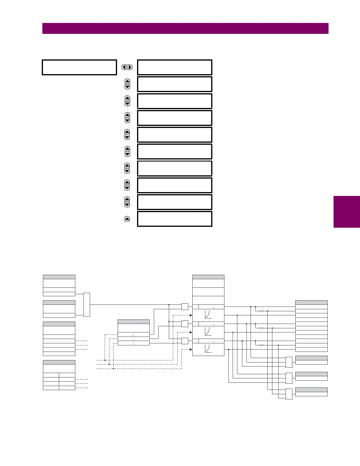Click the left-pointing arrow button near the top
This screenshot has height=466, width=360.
[x=124, y=67]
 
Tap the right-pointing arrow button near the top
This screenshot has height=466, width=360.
[x=130, y=67]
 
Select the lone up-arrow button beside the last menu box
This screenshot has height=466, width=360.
[x=127, y=219]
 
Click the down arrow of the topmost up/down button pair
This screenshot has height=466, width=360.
[x=127, y=87]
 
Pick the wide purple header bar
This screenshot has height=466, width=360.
[x=185, y=29]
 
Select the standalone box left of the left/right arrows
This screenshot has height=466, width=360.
[x=79, y=67]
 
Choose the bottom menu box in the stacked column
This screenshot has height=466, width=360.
[x=175, y=219]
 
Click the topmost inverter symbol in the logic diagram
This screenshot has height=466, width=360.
[x=261, y=311]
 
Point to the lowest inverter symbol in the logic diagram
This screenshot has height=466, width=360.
[x=261, y=345]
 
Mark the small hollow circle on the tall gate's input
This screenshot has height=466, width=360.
[x=82, y=315]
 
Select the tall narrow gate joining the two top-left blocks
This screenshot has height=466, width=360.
[x=87, y=304]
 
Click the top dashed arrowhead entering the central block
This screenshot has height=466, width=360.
[x=191, y=315]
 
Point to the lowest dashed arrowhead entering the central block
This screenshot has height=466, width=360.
[x=191, y=349]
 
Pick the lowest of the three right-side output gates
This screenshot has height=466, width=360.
[x=289, y=394]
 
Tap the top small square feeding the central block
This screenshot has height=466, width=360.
[x=185, y=307]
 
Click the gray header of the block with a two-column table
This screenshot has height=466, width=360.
[x=59, y=362]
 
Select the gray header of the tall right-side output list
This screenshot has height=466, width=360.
[x=311, y=302]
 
